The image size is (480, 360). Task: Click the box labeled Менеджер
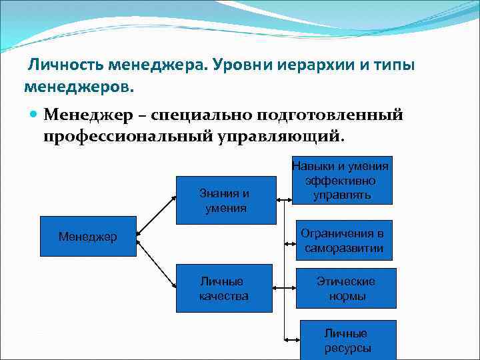pyautogui.click(x=87, y=237)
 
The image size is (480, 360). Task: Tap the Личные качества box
pyautogui.click(x=224, y=289)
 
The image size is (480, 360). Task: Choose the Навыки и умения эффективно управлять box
pyautogui.click(x=342, y=179)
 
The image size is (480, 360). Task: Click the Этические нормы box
pyautogui.click(x=347, y=289)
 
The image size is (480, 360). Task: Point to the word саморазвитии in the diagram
pyautogui.click(x=344, y=249)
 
